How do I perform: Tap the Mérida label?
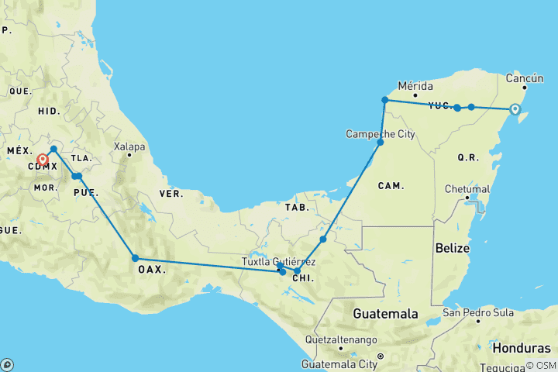(x=415, y=85)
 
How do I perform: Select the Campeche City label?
(x=381, y=134)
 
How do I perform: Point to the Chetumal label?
(x=467, y=189)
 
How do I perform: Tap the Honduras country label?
(x=526, y=348)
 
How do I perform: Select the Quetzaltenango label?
(x=340, y=339)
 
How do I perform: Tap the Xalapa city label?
(x=129, y=146)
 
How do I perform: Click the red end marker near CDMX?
(x=43, y=160)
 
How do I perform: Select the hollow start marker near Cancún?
(x=515, y=110)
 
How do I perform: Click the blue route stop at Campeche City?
(x=381, y=143)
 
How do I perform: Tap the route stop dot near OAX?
(x=135, y=258)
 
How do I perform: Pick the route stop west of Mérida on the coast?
(x=384, y=100)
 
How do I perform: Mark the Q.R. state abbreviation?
(x=467, y=157)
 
